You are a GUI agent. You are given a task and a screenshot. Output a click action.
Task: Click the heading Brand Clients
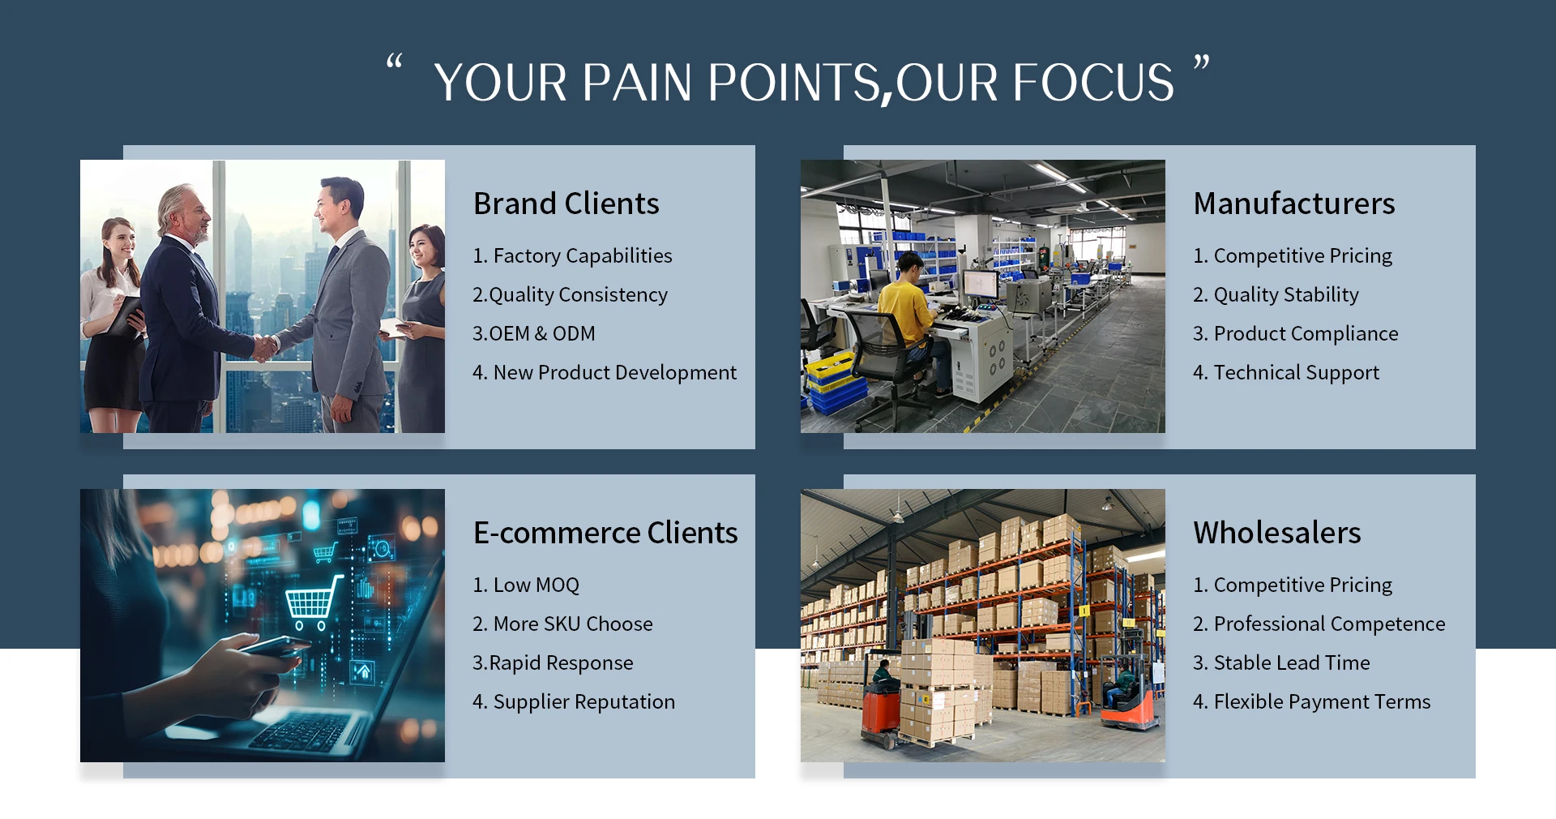point(566,204)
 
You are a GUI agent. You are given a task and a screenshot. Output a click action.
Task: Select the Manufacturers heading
point(1294,204)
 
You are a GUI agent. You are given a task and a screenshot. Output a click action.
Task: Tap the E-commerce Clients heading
point(605,533)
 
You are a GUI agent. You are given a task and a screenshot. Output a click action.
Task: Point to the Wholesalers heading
point(1277,533)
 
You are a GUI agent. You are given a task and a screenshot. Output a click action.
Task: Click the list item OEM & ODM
point(534,333)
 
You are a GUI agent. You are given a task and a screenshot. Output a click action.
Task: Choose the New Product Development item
point(605,372)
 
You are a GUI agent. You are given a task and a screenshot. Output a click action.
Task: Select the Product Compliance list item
point(1296,333)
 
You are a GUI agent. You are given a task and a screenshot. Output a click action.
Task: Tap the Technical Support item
point(1286,372)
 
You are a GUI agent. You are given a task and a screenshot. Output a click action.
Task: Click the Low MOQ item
point(526,585)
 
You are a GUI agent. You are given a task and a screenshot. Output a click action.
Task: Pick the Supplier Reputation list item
point(574,701)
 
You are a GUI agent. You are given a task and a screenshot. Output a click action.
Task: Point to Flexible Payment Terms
point(1312,701)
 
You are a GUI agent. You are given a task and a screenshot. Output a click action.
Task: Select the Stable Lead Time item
point(1281,662)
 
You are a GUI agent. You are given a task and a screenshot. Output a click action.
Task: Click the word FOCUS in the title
point(1093,83)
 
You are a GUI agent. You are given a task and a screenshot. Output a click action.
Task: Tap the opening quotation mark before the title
point(395,62)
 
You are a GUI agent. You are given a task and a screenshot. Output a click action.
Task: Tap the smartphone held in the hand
point(272,646)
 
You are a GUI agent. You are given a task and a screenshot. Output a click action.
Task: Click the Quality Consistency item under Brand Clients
point(570,294)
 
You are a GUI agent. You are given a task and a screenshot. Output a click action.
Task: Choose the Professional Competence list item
point(1319,624)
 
